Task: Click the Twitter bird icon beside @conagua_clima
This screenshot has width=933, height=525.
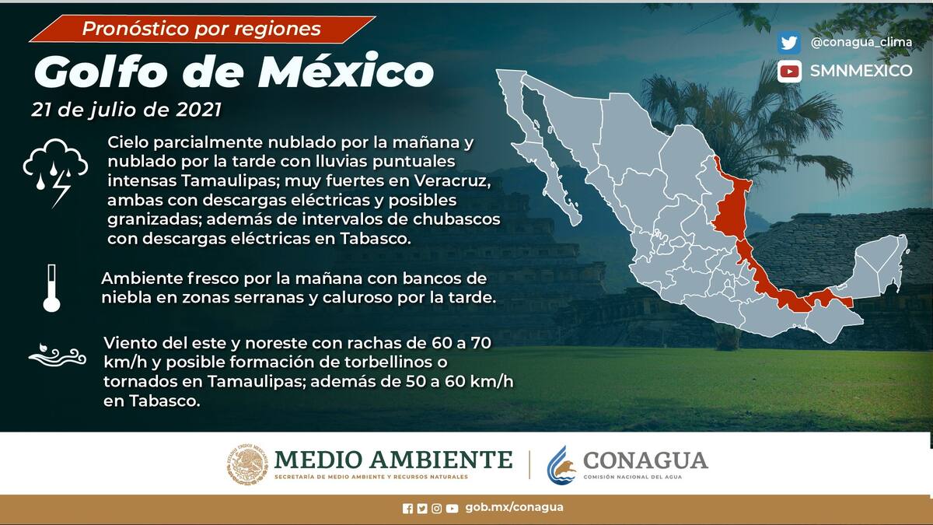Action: (x=789, y=43)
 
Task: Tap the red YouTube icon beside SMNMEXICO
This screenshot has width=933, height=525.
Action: (x=789, y=72)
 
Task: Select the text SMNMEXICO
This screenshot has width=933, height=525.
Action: (x=861, y=71)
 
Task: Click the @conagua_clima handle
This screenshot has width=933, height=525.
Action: (x=861, y=42)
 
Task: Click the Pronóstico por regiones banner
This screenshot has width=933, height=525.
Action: (x=203, y=30)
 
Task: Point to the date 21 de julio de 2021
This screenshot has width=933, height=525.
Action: (x=126, y=110)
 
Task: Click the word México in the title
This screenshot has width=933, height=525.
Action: (x=346, y=71)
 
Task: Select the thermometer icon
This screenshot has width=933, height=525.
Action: (x=51, y=288)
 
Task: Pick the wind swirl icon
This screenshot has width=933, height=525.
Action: (x=57, y=355)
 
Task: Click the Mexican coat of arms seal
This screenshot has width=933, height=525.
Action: (x=247, y=464)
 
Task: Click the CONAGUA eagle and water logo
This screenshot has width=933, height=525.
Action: (x=561, y=465)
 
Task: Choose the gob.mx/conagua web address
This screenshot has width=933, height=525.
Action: (x=514, y=507)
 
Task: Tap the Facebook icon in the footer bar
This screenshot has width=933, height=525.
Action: (x=407, y=509)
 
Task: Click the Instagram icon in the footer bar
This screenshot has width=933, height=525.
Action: (x=436, y=509)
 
